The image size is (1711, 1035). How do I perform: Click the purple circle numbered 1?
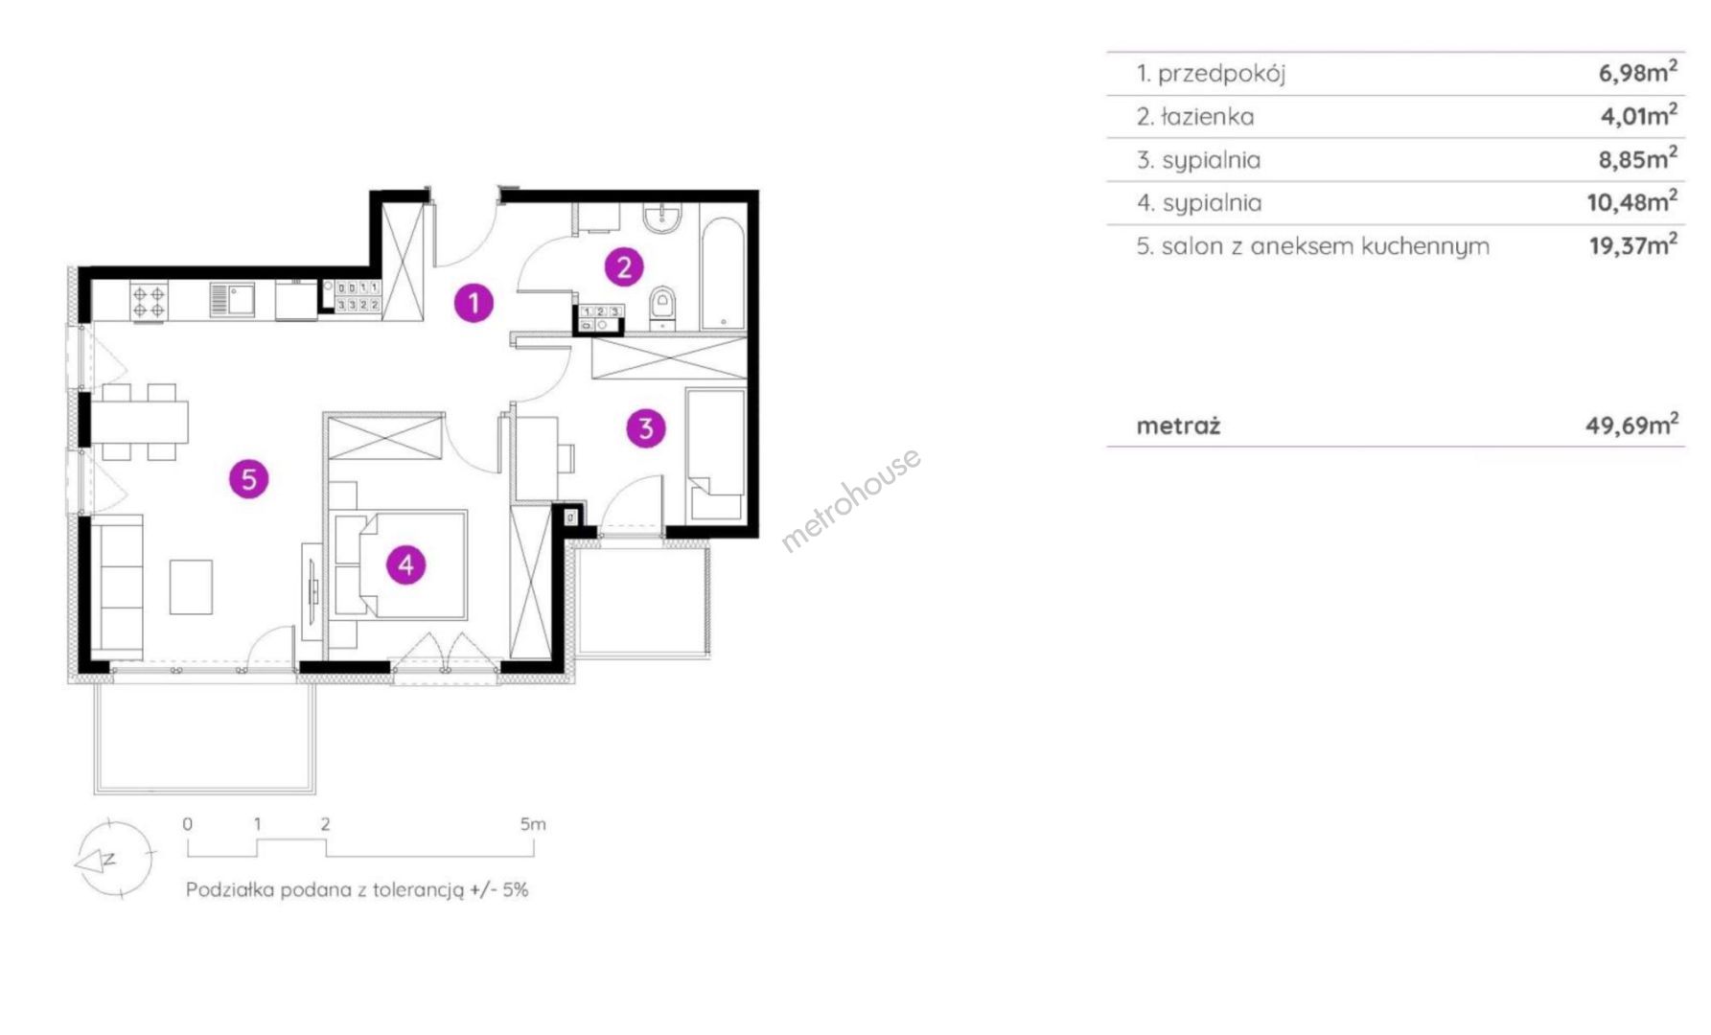click(x=474, y=303)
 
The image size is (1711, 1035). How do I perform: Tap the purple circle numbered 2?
click(x=624, y=267)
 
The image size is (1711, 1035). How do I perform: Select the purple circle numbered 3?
click(x=646, y=428)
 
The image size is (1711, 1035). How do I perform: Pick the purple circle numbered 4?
click(x=406, y=565)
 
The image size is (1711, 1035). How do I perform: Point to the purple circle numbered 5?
click(x=249, y=478)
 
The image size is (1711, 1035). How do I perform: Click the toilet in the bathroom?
click(x=662, y=309)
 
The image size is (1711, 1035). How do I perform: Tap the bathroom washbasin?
click(x=661, y=218)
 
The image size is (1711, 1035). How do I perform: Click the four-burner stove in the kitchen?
click(x=150, y=301)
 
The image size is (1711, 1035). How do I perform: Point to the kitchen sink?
click(x=231, y=300)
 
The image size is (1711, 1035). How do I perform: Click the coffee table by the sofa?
click(x=191, y=586)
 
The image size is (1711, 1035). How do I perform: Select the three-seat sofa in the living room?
click(x=117, y=587)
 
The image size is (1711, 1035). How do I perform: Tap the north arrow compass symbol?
click(x=114, y=859)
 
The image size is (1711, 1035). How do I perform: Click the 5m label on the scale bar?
click(x=533, y=824)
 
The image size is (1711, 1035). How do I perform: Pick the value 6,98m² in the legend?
click(x=1637, y=71)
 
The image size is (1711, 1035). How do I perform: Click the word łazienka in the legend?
click(x=1207, y=117)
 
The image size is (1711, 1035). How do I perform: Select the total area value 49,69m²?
click(x=1631, y=424)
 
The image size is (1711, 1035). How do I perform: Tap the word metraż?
click(x=1178, y=425)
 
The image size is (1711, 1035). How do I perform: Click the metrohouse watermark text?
click(x=851, y=499)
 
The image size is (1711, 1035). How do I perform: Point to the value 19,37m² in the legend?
click(x=1633, y=245)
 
